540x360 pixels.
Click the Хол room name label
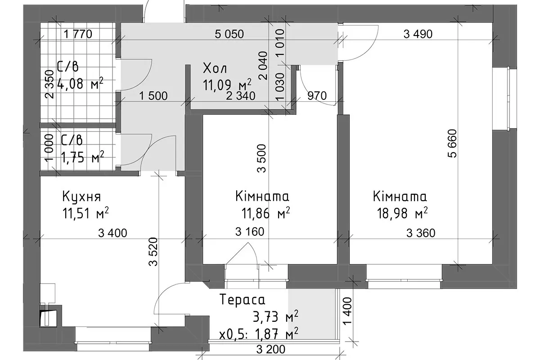215,68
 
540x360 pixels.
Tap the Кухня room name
81,197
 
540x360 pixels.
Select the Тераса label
242,300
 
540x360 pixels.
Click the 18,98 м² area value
402,213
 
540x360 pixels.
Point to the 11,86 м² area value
265,213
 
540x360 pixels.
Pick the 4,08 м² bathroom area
80,83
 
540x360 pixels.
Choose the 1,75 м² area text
82,157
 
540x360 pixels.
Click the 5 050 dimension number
229,34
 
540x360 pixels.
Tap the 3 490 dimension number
418,34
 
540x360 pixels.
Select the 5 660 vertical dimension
453,144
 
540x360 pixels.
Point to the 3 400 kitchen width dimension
112,233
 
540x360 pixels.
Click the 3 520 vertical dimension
153,252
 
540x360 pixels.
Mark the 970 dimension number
317,96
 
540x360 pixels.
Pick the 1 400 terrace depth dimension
347,311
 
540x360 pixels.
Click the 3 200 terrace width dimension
271,349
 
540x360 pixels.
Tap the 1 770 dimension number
78,34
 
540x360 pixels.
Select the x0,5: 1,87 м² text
259,334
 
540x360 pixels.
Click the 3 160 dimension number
250,231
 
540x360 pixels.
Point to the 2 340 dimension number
241,96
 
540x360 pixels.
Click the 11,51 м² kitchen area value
85,213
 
